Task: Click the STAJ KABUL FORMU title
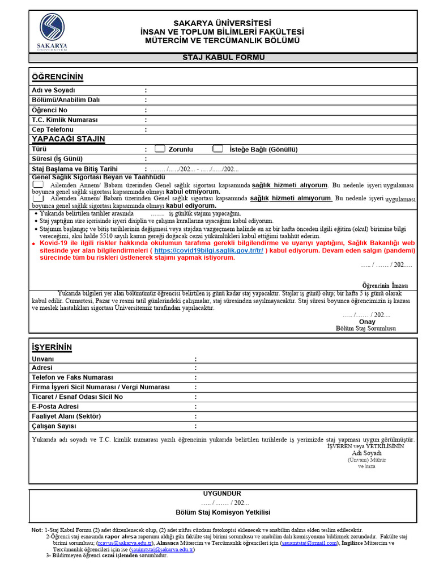click(223, 57)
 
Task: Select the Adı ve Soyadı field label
click(53, 90)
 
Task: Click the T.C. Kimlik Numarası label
click(65, 120)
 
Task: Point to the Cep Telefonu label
click(53, 130)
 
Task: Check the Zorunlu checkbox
click(160, 149)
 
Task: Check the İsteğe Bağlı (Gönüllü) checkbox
click(217, 149)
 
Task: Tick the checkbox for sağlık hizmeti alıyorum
click(38, 185)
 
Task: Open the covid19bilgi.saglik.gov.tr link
click(208, 250)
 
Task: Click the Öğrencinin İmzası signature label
click(385, 285)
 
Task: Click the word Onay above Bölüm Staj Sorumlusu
click(367, 322)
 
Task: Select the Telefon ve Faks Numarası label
click(72, 377)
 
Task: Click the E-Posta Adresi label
click(56, 406)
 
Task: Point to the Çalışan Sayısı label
click(54, 426)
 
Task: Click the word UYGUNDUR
click(222, 494)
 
